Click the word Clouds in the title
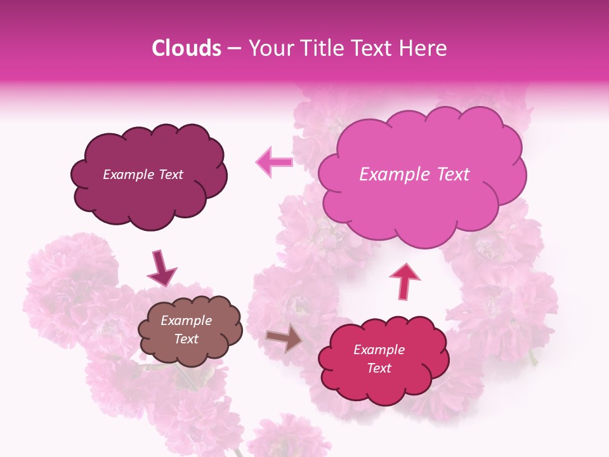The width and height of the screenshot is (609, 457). (x=187, y=48)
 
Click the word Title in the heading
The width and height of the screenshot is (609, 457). (x=319, y=48)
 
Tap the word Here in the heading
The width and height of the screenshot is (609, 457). (x=423, y=48)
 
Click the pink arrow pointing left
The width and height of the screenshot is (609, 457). (x=275, y=162)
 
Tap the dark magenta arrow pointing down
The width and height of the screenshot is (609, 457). (x=161, y=268)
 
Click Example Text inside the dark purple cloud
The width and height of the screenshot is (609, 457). (x=143, y=175)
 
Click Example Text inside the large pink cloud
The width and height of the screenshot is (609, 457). (x=414, y=175)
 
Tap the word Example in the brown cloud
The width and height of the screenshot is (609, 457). (x=186, y=321)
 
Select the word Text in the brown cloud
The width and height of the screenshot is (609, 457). (x=186, y=339)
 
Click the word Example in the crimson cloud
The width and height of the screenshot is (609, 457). (x=379, y=350)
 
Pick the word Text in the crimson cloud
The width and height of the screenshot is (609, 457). (x=379, y=368)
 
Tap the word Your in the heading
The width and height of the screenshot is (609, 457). (x=270, y=48)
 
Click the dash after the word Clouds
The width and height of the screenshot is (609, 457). (x=235, y=49)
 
